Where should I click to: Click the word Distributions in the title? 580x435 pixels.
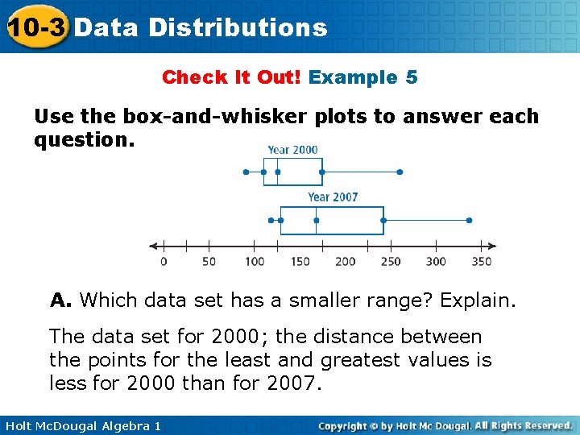[x=238, y=28]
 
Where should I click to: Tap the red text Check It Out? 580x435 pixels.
[x=231, y=77]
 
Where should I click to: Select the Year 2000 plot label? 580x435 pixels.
[x=292, y=149]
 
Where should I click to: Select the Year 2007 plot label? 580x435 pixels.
[x=333, y=197]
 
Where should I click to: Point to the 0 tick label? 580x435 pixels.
[x=164, y=261]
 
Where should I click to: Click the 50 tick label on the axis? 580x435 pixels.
[x=209, y=261]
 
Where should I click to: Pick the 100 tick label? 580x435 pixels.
[x=255, y=261]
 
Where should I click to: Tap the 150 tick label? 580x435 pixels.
[x=300, y=261]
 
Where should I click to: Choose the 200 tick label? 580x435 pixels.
[x=345, y=261]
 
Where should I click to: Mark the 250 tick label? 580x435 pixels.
[x=391, y=261]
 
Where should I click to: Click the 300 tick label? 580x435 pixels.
[x=436, y=261]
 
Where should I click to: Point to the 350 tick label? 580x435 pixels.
[x=481, y=261]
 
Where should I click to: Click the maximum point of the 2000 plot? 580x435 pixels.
[x=400, y=172]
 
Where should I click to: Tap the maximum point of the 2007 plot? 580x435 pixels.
[x=469, y=220]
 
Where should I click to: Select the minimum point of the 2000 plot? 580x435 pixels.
[x=246, y=172]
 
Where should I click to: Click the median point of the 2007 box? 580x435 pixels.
[x=317, y=220]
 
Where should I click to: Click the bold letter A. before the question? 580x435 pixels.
[x=61, y=301]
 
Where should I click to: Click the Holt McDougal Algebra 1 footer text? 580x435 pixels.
[x=81, y=425]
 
